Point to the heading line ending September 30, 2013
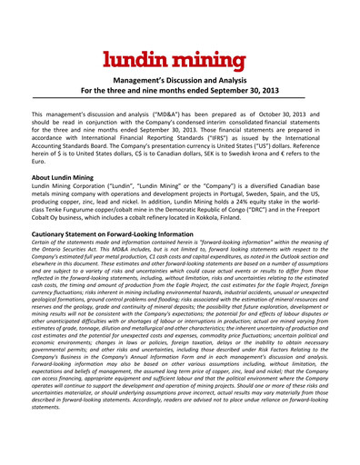(x=180, y=92)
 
